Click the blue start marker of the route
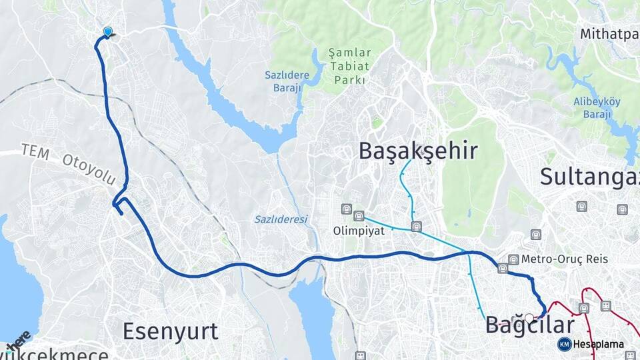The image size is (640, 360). [108, 31]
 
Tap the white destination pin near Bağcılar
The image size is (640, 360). [529, 319]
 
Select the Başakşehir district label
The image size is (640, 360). [418, 151]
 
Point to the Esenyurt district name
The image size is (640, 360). [170, 331]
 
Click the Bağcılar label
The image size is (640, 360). [529, 326]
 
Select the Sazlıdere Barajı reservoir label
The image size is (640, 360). [283, 82]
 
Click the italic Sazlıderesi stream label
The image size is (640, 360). [281, 219]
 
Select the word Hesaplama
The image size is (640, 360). [598, 344]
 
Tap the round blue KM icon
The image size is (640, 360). [564, 344]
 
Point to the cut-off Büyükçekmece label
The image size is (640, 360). [53, 353]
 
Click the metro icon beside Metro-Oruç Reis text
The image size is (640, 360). [513, 259]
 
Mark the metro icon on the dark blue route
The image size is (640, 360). [503, 269]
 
